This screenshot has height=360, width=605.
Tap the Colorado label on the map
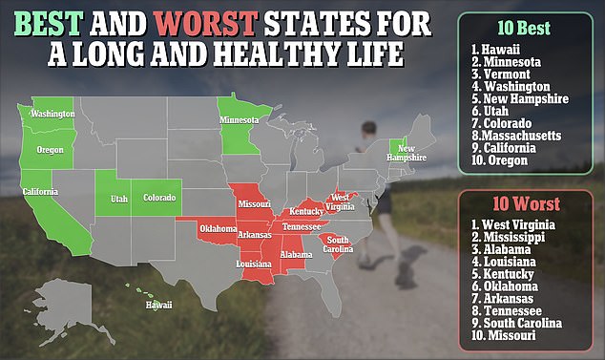[159, 198]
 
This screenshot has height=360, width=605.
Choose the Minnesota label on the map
[240, 121]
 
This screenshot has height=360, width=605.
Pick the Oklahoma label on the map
[219, 228]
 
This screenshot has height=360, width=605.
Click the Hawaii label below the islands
[159, 306]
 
